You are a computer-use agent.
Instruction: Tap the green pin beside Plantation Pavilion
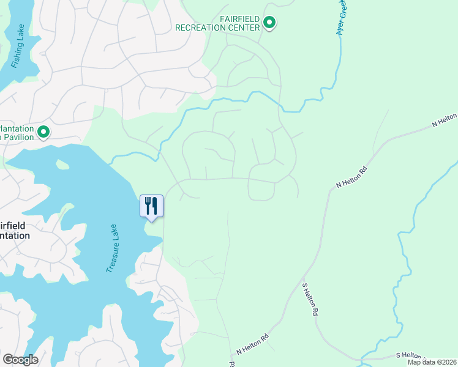coord(43,132)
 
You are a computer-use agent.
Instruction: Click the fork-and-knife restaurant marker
coord(151,206)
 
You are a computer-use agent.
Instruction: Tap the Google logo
coord(20,359)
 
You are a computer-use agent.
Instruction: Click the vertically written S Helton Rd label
coord(310,298)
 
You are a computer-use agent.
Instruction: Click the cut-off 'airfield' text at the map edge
coord(13,224)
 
